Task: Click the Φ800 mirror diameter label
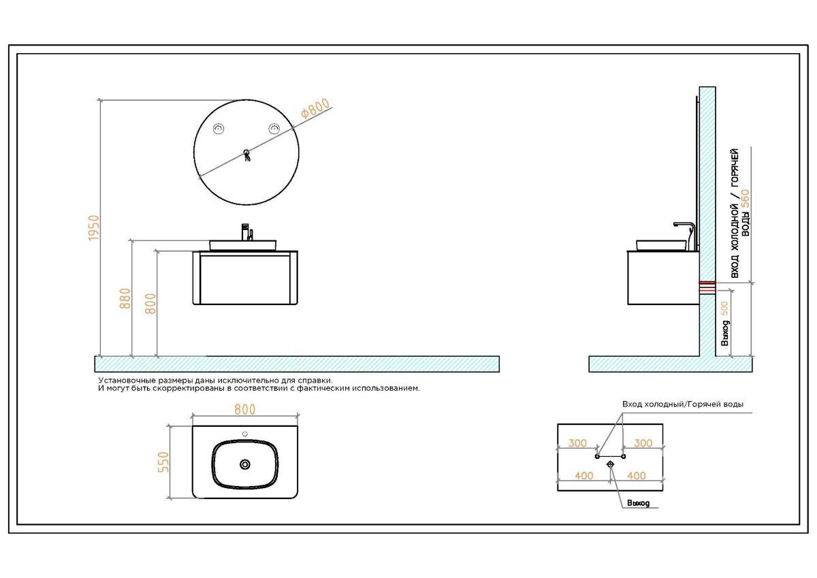click(x=315, y=108)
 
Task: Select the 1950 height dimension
click(x=94, y=228)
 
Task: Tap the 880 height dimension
click(x=125, y=299)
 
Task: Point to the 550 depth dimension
click(x=163, y=462)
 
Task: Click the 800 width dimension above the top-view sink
click(x=244, y=410)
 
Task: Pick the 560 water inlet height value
click(x=746, y=199)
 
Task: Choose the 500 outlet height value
click(x=724, y=308)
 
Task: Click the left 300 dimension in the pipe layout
click(x=577, y=443)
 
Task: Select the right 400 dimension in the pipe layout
click(x=637, y=475)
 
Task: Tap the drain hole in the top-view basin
click(x=245, y=464)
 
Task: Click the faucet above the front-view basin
click(x=247, y=232)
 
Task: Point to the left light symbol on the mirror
click(x=219, y=129)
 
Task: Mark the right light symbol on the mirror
click(x=274, y=129)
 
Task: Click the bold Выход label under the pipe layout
click(x=639, y=503)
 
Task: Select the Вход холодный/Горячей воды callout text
click(x=683, y=404)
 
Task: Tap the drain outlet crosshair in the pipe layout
click(x=611, y=464)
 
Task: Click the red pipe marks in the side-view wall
click(x=707, y=288)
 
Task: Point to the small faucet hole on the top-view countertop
click(x=245, y=434)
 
